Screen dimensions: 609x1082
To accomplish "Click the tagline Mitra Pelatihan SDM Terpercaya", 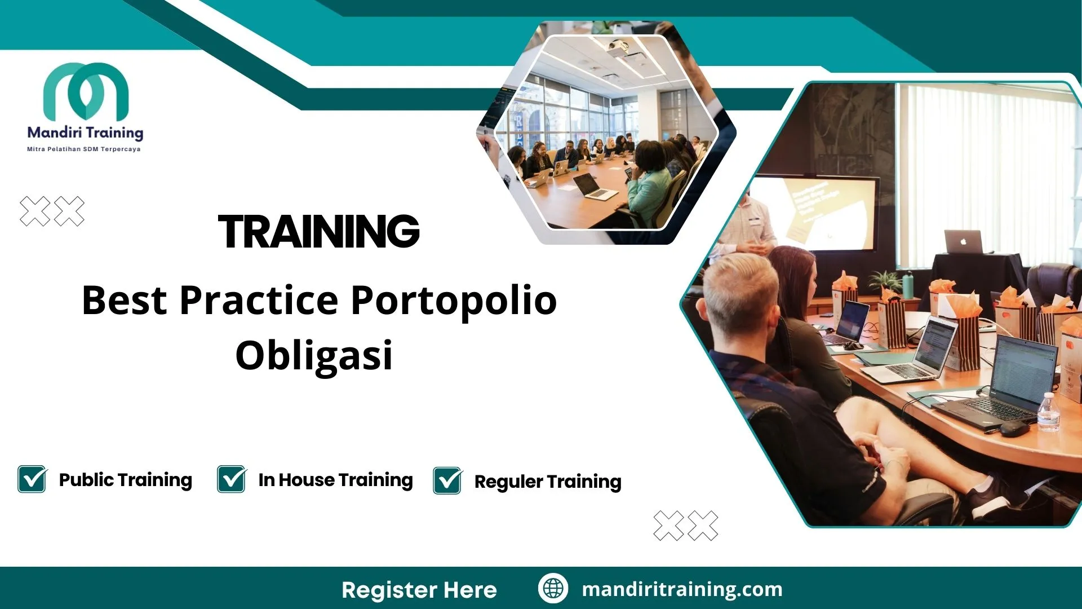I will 84,149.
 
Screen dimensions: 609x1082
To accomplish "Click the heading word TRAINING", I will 318,232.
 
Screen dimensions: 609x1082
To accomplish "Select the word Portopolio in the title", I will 454,300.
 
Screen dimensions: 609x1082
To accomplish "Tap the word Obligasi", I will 314,355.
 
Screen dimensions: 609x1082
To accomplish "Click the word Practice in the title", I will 259,300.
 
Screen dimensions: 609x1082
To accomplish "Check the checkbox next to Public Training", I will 32,479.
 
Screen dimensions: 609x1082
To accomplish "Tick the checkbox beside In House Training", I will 231,479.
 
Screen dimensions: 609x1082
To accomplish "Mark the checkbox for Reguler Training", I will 447,481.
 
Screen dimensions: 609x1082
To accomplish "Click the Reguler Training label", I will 547,482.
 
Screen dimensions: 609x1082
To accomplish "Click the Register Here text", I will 419,590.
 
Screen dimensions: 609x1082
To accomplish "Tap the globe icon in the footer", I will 553,588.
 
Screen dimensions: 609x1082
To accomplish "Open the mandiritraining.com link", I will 682,589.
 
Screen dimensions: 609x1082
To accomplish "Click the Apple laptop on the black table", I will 963,242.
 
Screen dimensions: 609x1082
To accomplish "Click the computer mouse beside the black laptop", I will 1014,429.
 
